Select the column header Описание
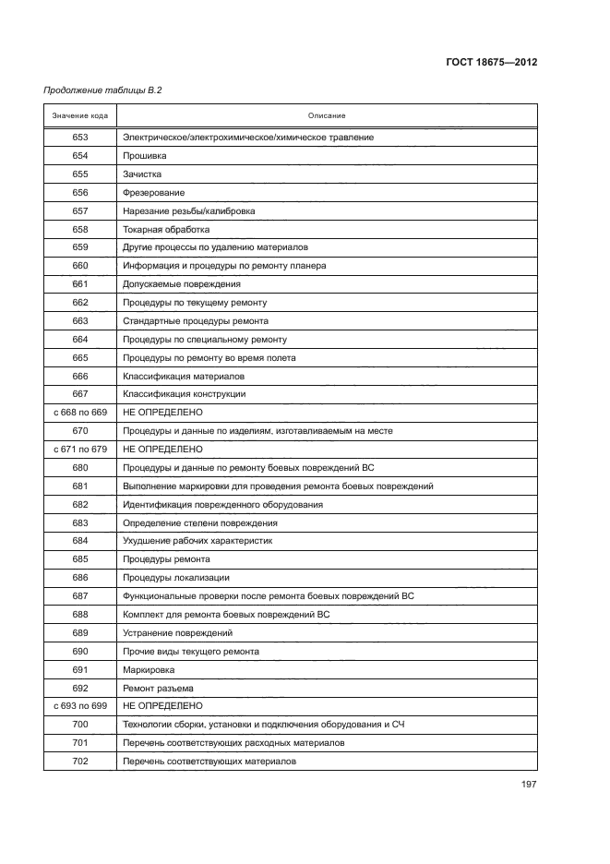coord(327,115)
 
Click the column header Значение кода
coord(79,115)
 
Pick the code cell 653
coord(79,138)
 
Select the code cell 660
coord(79,266)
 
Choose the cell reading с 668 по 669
coord(79,413)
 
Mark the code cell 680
coord(79,467)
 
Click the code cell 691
coord(79,669)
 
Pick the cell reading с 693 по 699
coord(79,706)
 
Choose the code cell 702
coord(79,761)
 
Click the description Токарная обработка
coord(166,229)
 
